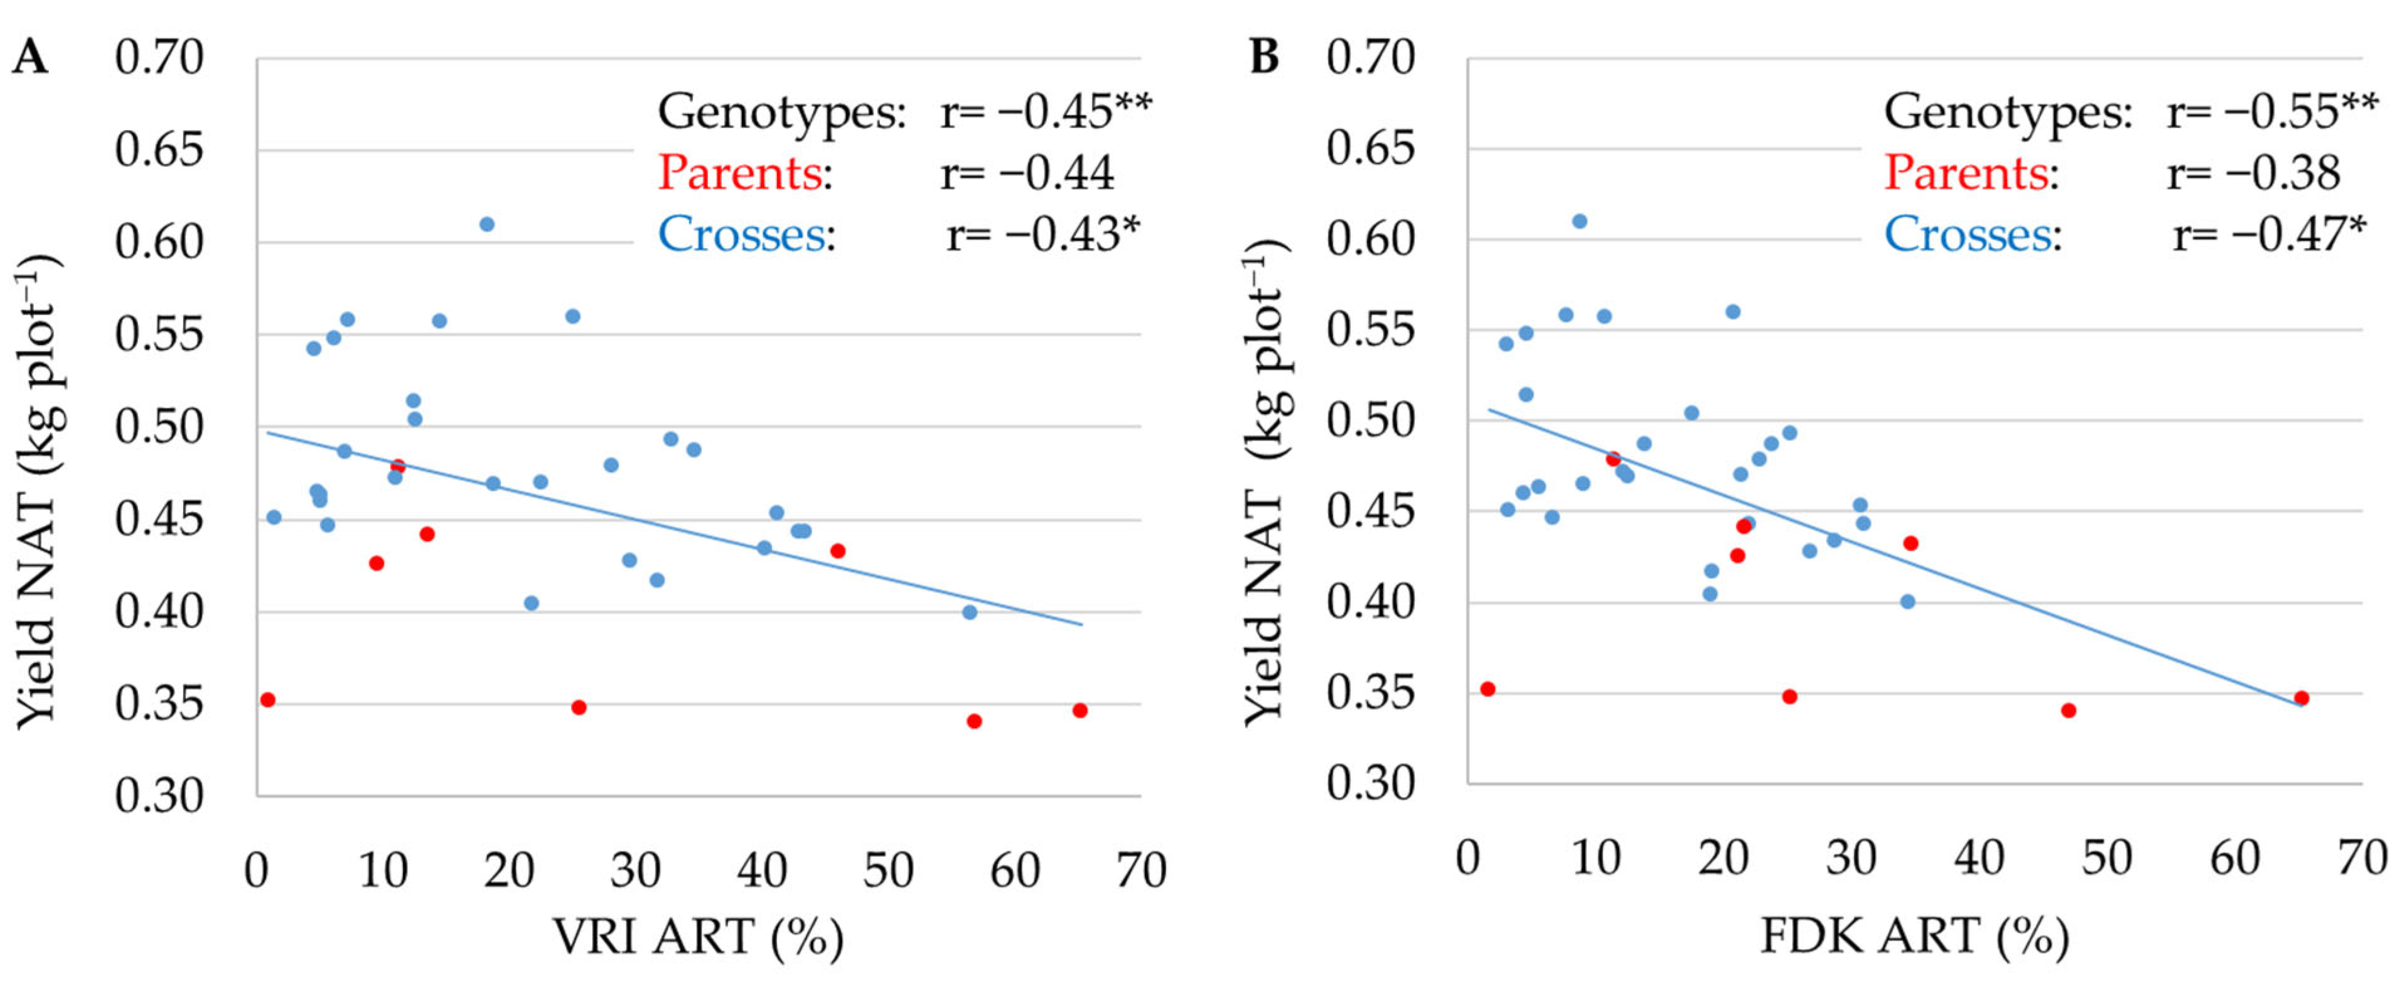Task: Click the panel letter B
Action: (x=1263, y=58)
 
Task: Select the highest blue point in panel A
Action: (x=486, y=224)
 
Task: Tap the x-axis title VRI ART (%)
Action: (x=698, y=935)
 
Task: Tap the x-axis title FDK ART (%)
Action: (x=1915, y=935)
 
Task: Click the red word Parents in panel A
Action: (x=740, y=173)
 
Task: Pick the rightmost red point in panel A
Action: (x=1080, y=710)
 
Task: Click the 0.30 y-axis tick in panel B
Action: (x=1370, y=783)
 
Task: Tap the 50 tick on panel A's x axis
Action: (x=887, y=871)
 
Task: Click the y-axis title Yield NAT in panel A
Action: (x=37, y=493)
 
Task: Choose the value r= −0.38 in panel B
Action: (x=2252, y=173)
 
